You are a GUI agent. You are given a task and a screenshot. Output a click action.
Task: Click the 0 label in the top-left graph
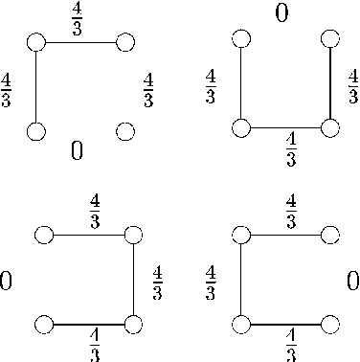[x=77, y=149]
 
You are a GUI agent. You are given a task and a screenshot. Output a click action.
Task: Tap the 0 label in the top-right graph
[x=281, y=14]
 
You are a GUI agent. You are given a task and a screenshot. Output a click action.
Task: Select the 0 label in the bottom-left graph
[x=6, y=281]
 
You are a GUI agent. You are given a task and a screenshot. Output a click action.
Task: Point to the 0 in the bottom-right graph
[x=352, y=281]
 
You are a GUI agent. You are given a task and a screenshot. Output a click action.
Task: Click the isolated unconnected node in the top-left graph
[x=124, y=130]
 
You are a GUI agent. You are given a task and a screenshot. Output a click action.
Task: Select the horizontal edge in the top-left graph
[x=80, y=42]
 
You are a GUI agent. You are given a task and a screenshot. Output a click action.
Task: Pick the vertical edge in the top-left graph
[x=36, y=86]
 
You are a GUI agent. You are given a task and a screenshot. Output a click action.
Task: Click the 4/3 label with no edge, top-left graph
[x=148, y=89]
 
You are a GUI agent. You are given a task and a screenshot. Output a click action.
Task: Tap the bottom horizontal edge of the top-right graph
[x=285, y=127]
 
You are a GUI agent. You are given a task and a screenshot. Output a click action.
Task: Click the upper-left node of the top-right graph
[x=241, y=38]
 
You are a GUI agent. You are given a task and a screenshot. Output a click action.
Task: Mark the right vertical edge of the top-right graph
[x=330, y=83]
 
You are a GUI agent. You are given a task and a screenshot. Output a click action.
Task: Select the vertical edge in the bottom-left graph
[x=133, y=280]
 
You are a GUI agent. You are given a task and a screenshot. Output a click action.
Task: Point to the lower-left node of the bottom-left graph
[x=43, y=325]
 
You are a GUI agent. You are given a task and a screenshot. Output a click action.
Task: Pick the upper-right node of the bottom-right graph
[x=330, y=235]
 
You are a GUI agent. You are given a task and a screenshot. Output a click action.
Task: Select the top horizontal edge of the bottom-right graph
[x=285, y=235]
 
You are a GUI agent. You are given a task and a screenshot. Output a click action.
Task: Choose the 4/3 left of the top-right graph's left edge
[x=211, y=86]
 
